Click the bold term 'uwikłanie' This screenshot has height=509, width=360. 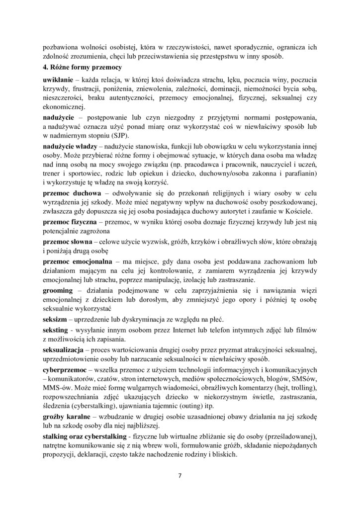point(59,80)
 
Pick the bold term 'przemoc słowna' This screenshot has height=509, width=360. point(69,241)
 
